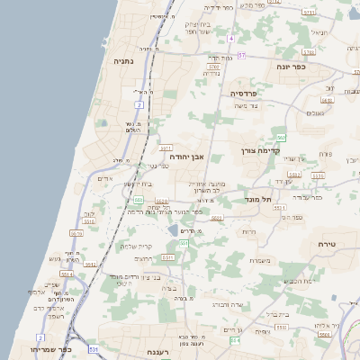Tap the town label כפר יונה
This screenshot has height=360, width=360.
(291, 66)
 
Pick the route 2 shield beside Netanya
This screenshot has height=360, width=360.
(139, 105)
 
